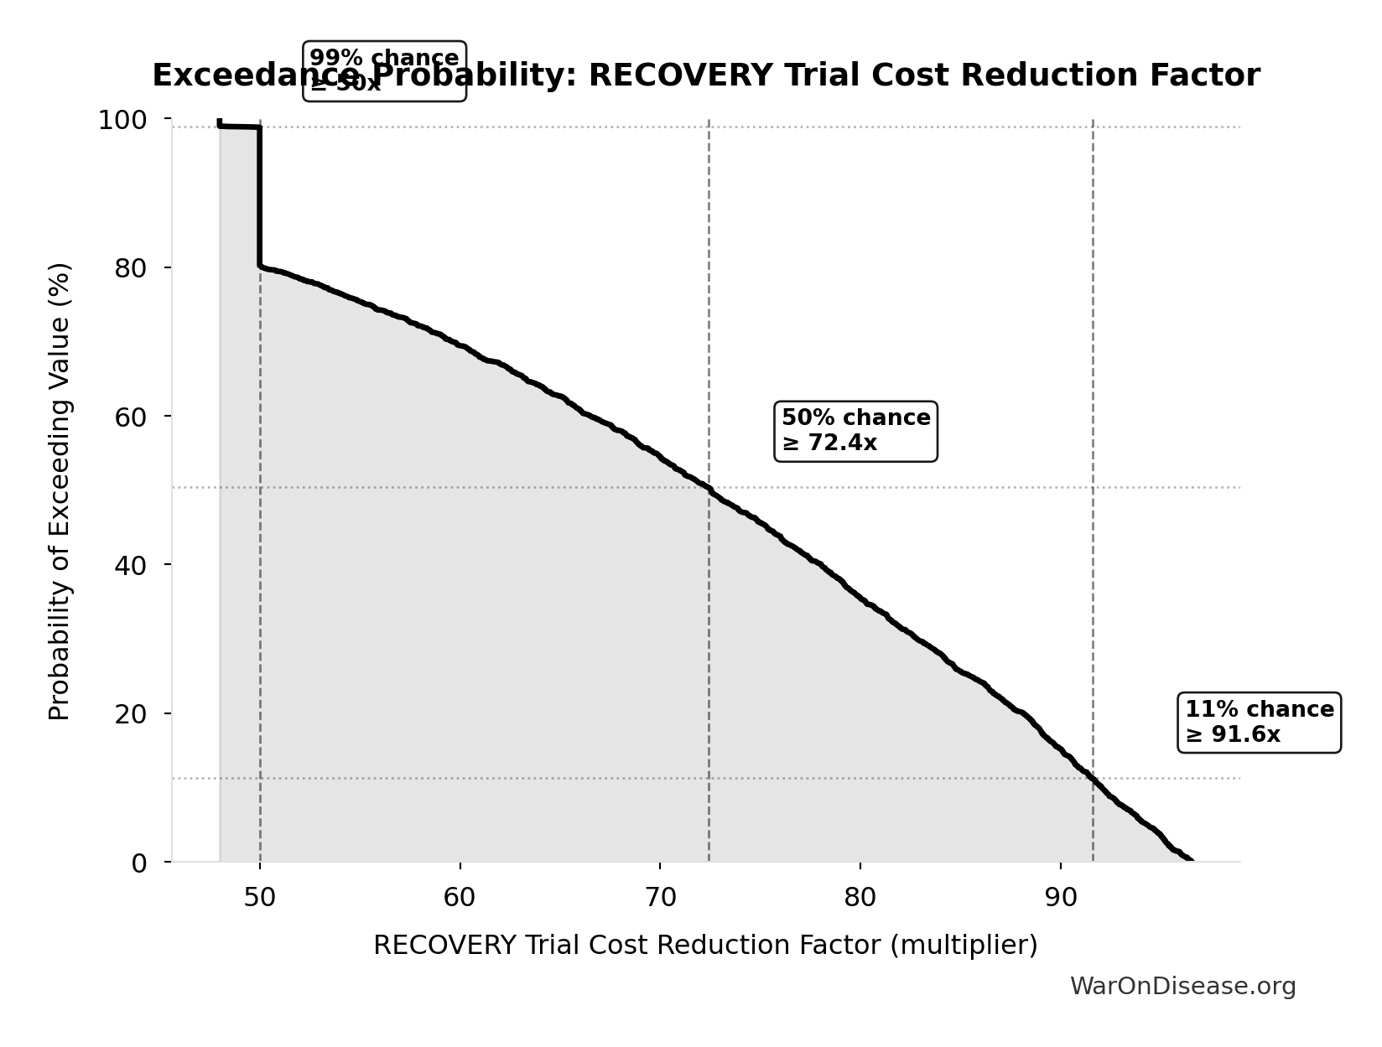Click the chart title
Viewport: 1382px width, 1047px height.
(705, 75)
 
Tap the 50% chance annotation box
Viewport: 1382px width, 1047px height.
(855, 431)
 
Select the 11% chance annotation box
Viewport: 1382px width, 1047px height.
(1258, 722)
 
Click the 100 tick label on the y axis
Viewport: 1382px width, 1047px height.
(122, 120)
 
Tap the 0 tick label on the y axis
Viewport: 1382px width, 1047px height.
(140, 863)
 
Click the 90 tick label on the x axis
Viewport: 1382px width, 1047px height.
(1060, 897)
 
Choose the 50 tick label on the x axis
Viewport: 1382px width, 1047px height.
(260, 897)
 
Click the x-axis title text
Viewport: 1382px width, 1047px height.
(705, 945)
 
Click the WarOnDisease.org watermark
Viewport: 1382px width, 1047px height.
(1182, 986)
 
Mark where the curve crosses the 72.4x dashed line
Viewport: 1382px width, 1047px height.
(709, 487)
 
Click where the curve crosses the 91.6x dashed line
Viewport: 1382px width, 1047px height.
(1093, 779)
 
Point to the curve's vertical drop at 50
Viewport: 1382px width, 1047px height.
(260, 197)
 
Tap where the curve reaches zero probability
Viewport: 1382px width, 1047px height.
(1190, 860)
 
